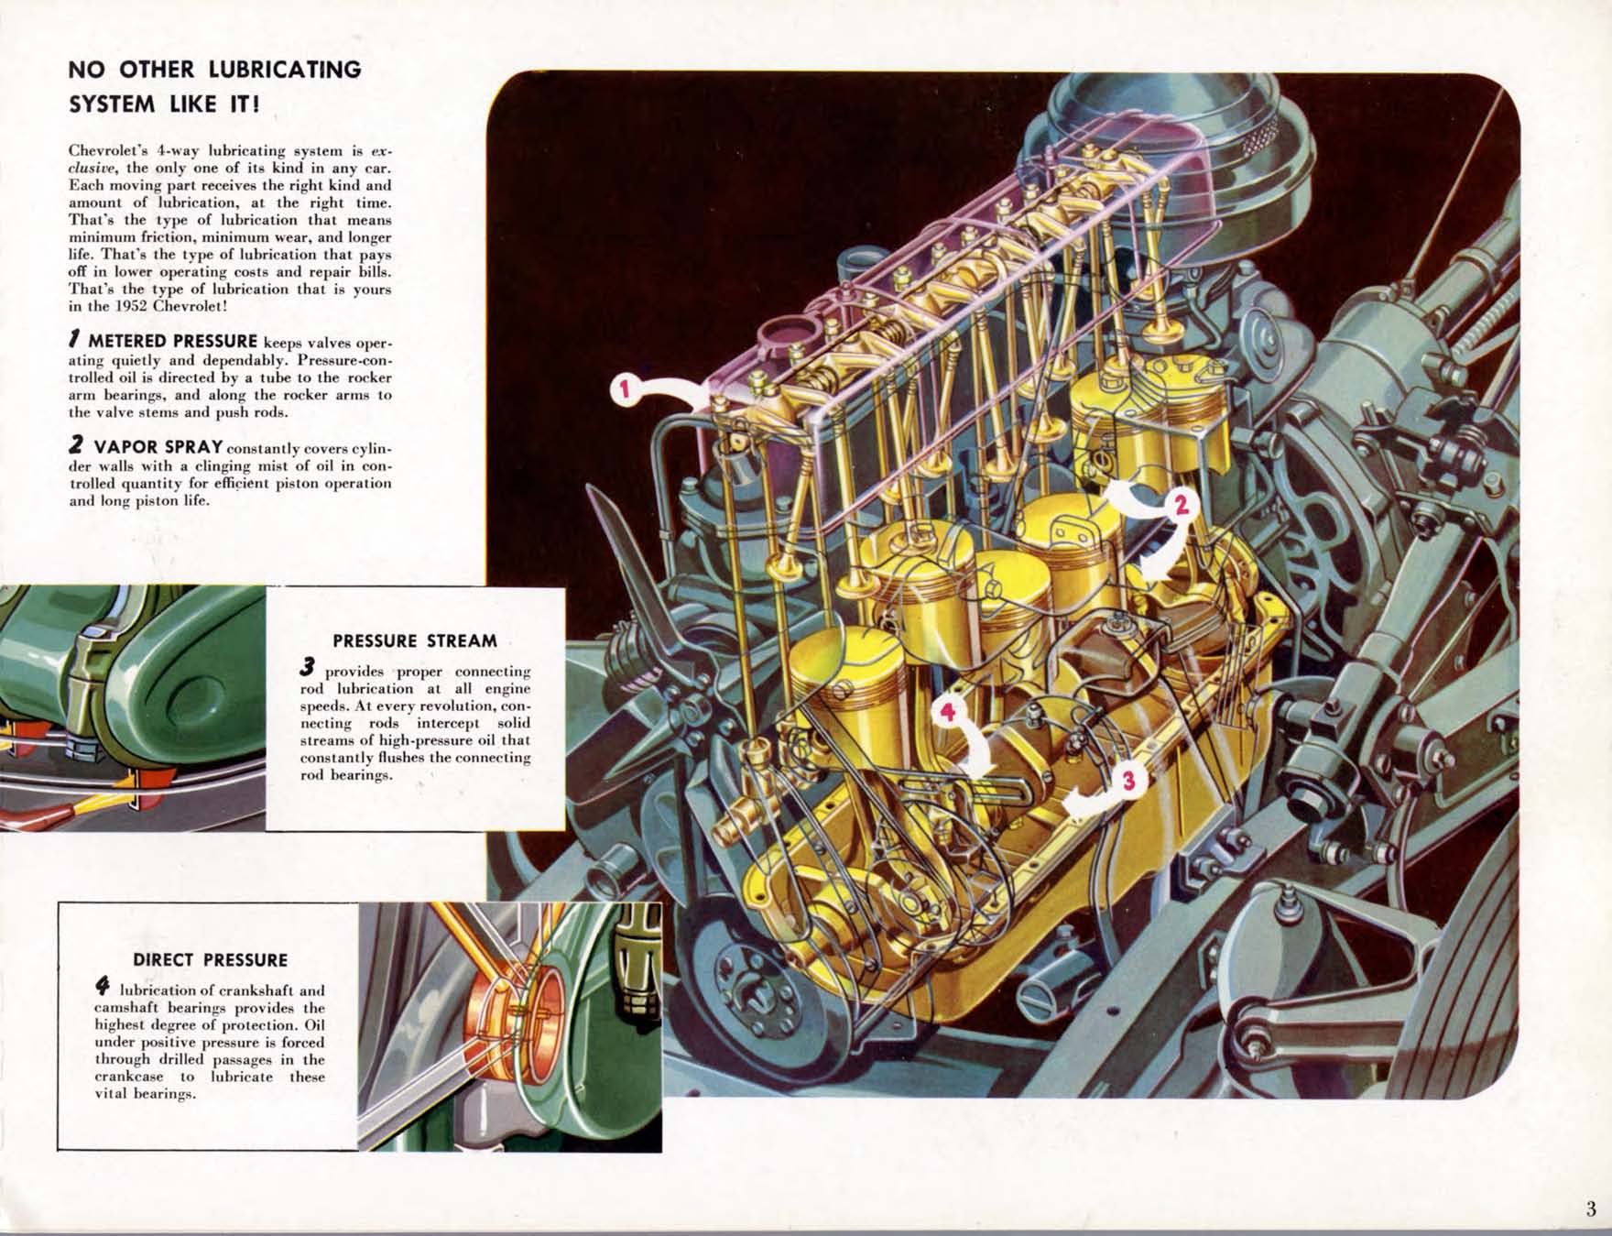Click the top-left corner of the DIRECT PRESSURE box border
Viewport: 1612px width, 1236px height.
(58, 902)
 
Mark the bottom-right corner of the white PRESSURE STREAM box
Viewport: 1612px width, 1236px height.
(565, 830)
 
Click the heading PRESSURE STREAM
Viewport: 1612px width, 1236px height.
(415, 641)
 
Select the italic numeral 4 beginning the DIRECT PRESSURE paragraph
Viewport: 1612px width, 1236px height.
(103, 987)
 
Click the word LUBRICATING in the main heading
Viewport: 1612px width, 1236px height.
(284, 70)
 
